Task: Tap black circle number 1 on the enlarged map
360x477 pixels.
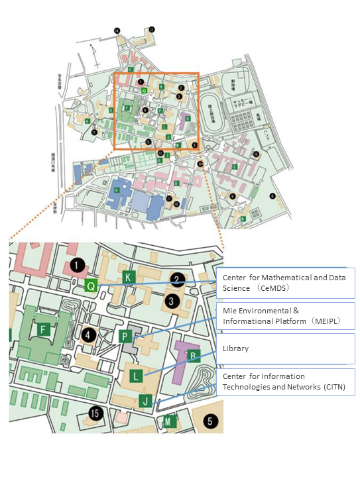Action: coord(78,266)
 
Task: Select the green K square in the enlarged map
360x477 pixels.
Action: coord(129,276)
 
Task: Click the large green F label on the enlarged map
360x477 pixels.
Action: coord(43,329)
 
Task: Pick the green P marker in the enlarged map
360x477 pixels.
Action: coord(125,337)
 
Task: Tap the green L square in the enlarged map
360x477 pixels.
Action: coord(135,376)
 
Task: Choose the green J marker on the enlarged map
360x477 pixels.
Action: coord(146,400)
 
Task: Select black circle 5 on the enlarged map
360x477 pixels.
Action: coord(209,421)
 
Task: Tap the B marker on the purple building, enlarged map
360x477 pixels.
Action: coord(192,355)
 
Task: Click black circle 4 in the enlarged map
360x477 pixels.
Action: coord(87,334)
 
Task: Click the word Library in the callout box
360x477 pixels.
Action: coord(237,348)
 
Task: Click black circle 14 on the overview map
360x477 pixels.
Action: coord(117,30)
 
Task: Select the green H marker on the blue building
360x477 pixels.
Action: coord(117,189)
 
